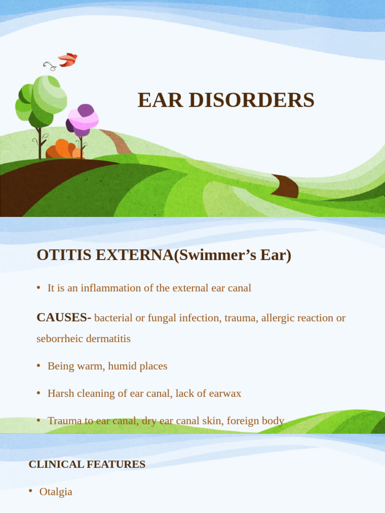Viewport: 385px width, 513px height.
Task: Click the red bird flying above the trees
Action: [67, 60]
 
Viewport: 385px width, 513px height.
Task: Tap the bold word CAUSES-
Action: [64, 318]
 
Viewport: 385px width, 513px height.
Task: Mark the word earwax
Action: [224, 393]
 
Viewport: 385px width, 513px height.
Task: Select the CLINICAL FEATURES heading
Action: [87, 464]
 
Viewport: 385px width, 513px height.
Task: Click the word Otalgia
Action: [56, 492]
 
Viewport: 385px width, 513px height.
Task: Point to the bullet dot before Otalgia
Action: [31, 491]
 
